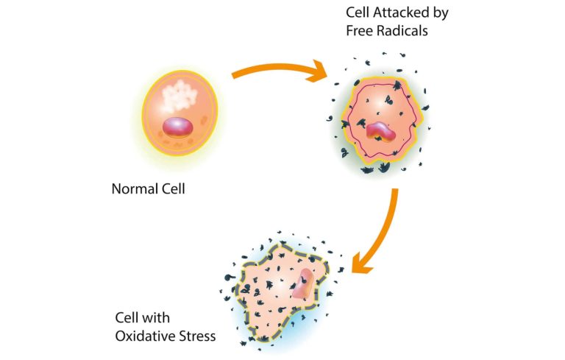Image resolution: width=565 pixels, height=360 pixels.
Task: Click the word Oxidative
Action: click(143, 337)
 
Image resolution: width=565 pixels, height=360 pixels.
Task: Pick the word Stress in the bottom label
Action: click(195, 337)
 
